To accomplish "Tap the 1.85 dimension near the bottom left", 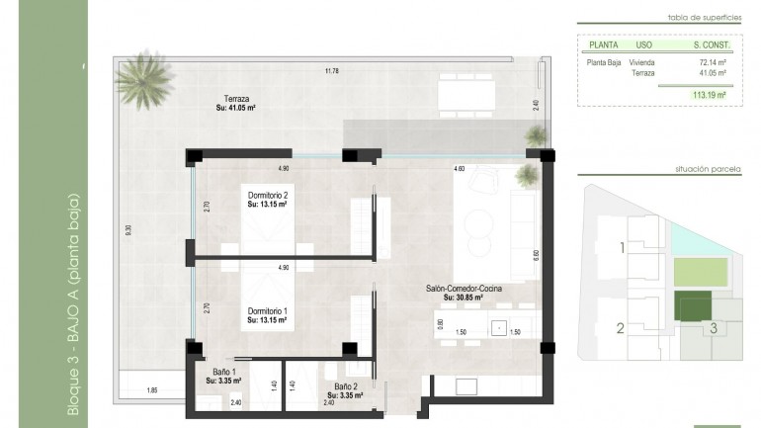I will (x=151, y=391).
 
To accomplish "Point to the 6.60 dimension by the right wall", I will (x=536, y=253).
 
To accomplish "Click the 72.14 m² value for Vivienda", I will (x=713, y=62).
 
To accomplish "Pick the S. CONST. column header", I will (x=710, y=44).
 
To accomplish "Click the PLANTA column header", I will (x=603, y=44).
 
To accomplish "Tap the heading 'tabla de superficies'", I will (x=699, y=18).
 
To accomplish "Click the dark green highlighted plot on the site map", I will (x=692, y=307).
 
